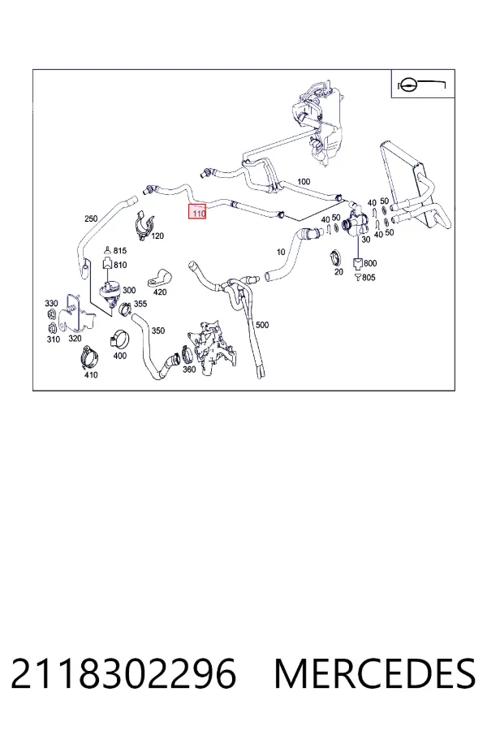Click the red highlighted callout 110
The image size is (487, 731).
(x=196, y=212)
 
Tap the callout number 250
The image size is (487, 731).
(x=91, y=218)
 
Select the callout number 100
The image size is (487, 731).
(x=304, y=181)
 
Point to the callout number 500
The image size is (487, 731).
(x=262, y=325)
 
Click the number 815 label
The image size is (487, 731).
(x=120, y=251)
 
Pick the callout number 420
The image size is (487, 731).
(x=160, y=292)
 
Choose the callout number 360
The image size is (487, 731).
(x=189, y=370)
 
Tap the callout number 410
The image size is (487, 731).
(x=91, y=374)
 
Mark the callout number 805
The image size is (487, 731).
(x=368, y=278)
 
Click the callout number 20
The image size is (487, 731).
(x=338, y=272)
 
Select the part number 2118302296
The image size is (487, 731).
(x=123, y=674)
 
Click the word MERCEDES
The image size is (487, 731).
(x=375, y=674)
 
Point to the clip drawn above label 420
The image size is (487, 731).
(x=160, y=278)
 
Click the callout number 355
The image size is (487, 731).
(x=140, y=304)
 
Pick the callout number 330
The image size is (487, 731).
(x=51, y=304)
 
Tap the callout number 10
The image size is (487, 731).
(x=281, y=253)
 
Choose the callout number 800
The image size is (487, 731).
(x=370, y=263)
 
